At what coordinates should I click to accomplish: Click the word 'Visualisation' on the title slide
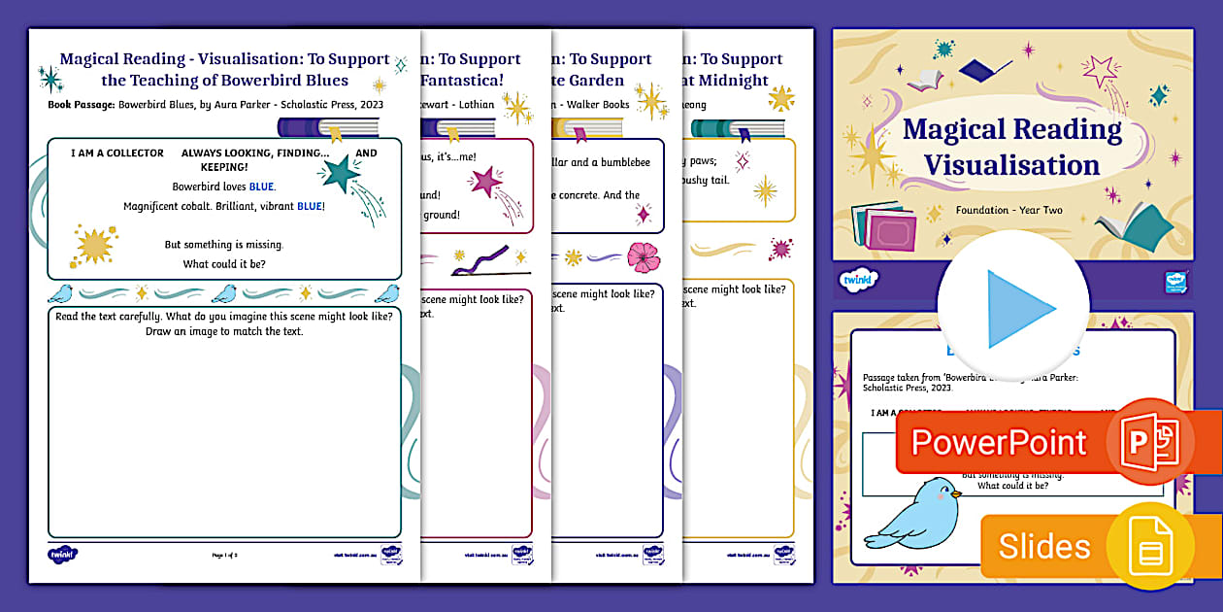point(1011,165)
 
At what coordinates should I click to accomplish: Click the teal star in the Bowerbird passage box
point(340,174)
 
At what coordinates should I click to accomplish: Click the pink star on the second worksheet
point(484,181)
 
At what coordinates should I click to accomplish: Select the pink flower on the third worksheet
point(642,255)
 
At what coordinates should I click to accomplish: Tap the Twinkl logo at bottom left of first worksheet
point(62,555)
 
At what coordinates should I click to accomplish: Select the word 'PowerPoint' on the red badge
point(998,442)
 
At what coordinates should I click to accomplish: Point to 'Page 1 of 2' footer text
point(224,555)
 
